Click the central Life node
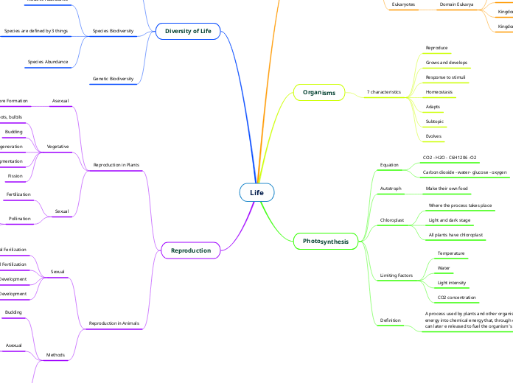pyautogui.click(x=256, y=192)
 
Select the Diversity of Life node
pyautogui.click(x=188, y=31)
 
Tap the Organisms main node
pyautogui.click(x=318, y=92)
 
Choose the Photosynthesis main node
pyautogui.click(x=325, y=241)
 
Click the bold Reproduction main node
pyautogui.click(x=191, y=250)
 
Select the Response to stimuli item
pyautogui.click(x=445, y=77)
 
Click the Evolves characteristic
pyautogui.click(x=433, y=136)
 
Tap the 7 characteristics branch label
pyautogui.click(x=384, y=92)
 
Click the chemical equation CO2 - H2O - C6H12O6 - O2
pyautogui.click(x=449, y=158)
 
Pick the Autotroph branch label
pyautogui.click(x=391, y=189)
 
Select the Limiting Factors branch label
pyautogui.click(x=397, y=275)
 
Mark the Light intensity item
pyautogui.click(x=452, y=283)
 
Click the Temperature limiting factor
pyautogui.click(x=451, y=253)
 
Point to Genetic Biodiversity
pyautogui.click(x=113, y=78)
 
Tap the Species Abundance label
pyautogui.click(x=48, y=62)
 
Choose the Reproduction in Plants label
pyautogui.click(x=116, y=165)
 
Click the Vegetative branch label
pyautogui.click(x=57, y=147)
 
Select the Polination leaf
pyautogui.click(x=20, y=219)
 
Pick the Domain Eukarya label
pyautogui.click(x=457, y=4)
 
